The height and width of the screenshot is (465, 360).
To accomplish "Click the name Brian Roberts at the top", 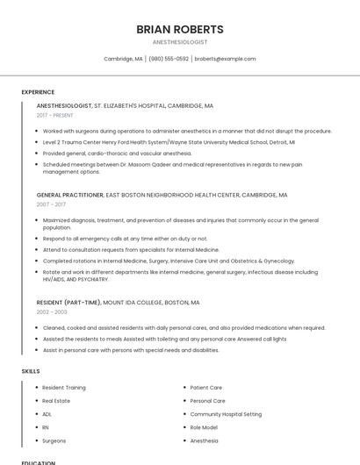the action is (x=180, y=29).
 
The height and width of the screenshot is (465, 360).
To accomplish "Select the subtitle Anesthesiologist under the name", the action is (x=180, y=42).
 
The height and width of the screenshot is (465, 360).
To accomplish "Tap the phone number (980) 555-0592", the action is (x=169, y=59).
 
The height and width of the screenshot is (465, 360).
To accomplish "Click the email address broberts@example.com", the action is (x=225, y=59).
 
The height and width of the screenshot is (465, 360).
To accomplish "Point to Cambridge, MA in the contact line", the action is (x=123, y=59).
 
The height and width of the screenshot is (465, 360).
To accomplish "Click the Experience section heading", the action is (x=38, y=92).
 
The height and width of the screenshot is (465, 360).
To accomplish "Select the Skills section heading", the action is (x=31, y=371).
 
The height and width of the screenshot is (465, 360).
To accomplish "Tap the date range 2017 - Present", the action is (x=55, y=115).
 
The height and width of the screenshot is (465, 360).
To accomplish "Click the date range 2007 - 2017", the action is (x=51, y=204).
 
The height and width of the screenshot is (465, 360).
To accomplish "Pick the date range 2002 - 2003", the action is (x=52, y=311).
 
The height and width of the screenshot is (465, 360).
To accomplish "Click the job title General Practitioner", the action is (x=70, y=195).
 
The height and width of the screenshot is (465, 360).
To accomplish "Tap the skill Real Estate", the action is (x=56, y=401).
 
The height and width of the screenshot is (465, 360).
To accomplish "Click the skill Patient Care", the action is (x=206, y=387).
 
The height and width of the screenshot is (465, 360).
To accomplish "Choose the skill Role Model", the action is (x=204, y=427).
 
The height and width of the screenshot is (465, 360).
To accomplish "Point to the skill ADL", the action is (x=47, y=414).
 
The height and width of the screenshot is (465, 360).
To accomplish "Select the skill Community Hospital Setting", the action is (x=226, y=414).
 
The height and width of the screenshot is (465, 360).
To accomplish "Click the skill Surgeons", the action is (x=54, y=440).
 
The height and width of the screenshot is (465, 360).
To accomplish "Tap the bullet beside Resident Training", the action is (x=36, y=387).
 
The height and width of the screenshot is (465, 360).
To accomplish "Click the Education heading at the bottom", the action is (x=39, y=462).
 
